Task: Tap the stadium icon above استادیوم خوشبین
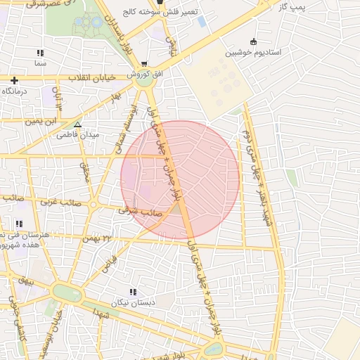click(x=253, y=41)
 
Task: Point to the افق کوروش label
click(x=144, y=74)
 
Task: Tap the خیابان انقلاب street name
click(x=90, y=77)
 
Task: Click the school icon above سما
click(x=40, y=53)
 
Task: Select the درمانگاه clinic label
click(x=15, y=91)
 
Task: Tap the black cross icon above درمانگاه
click(x=14, y=80)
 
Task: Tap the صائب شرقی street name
click(x=140, y=210)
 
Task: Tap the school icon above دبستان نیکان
click(x=132, y=292)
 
